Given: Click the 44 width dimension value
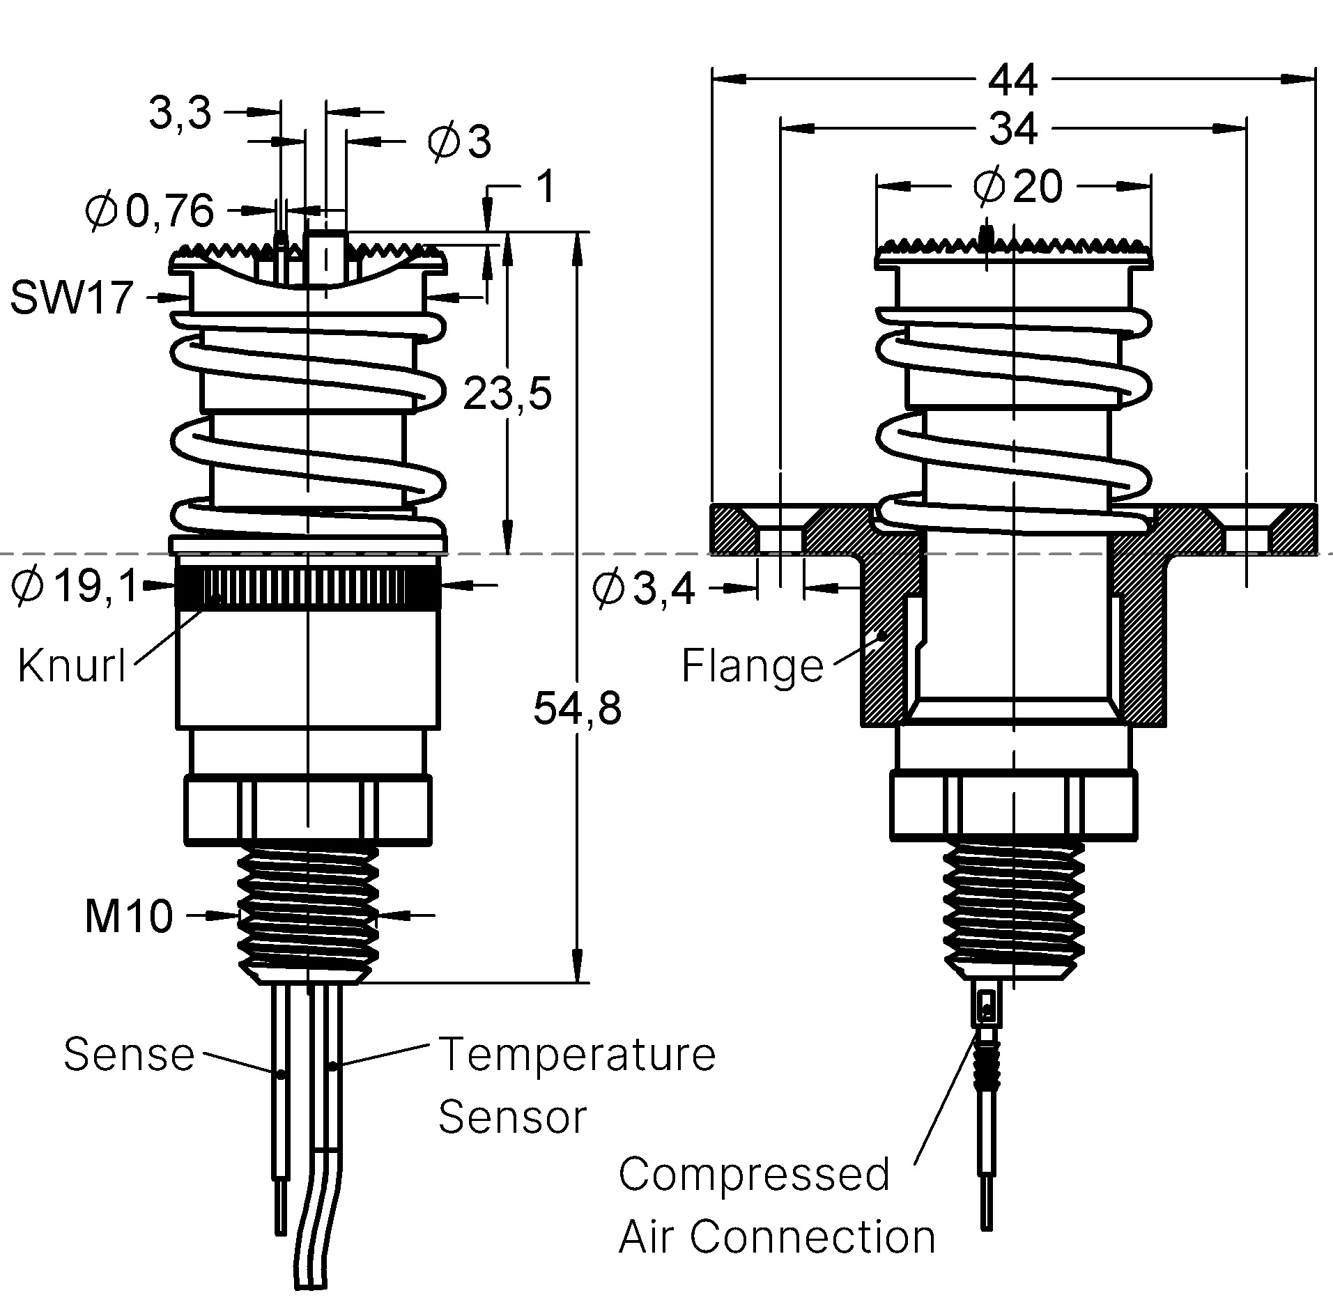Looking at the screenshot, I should [1012, 80].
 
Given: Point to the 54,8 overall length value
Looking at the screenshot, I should [577, 709].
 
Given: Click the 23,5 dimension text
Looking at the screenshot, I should [507, 394].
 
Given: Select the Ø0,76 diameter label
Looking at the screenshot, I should [150, 211].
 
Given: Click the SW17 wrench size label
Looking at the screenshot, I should [71, 298].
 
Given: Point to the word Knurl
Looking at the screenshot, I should [72, 665].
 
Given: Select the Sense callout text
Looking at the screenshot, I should [129, 1054].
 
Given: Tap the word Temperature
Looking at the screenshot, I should [577, 1054].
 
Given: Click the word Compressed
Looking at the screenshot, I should [754, 1175].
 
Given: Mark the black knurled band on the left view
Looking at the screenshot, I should [307, 587].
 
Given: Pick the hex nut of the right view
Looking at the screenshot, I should [1014, 805].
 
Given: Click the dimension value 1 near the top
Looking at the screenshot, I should [548, 187].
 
